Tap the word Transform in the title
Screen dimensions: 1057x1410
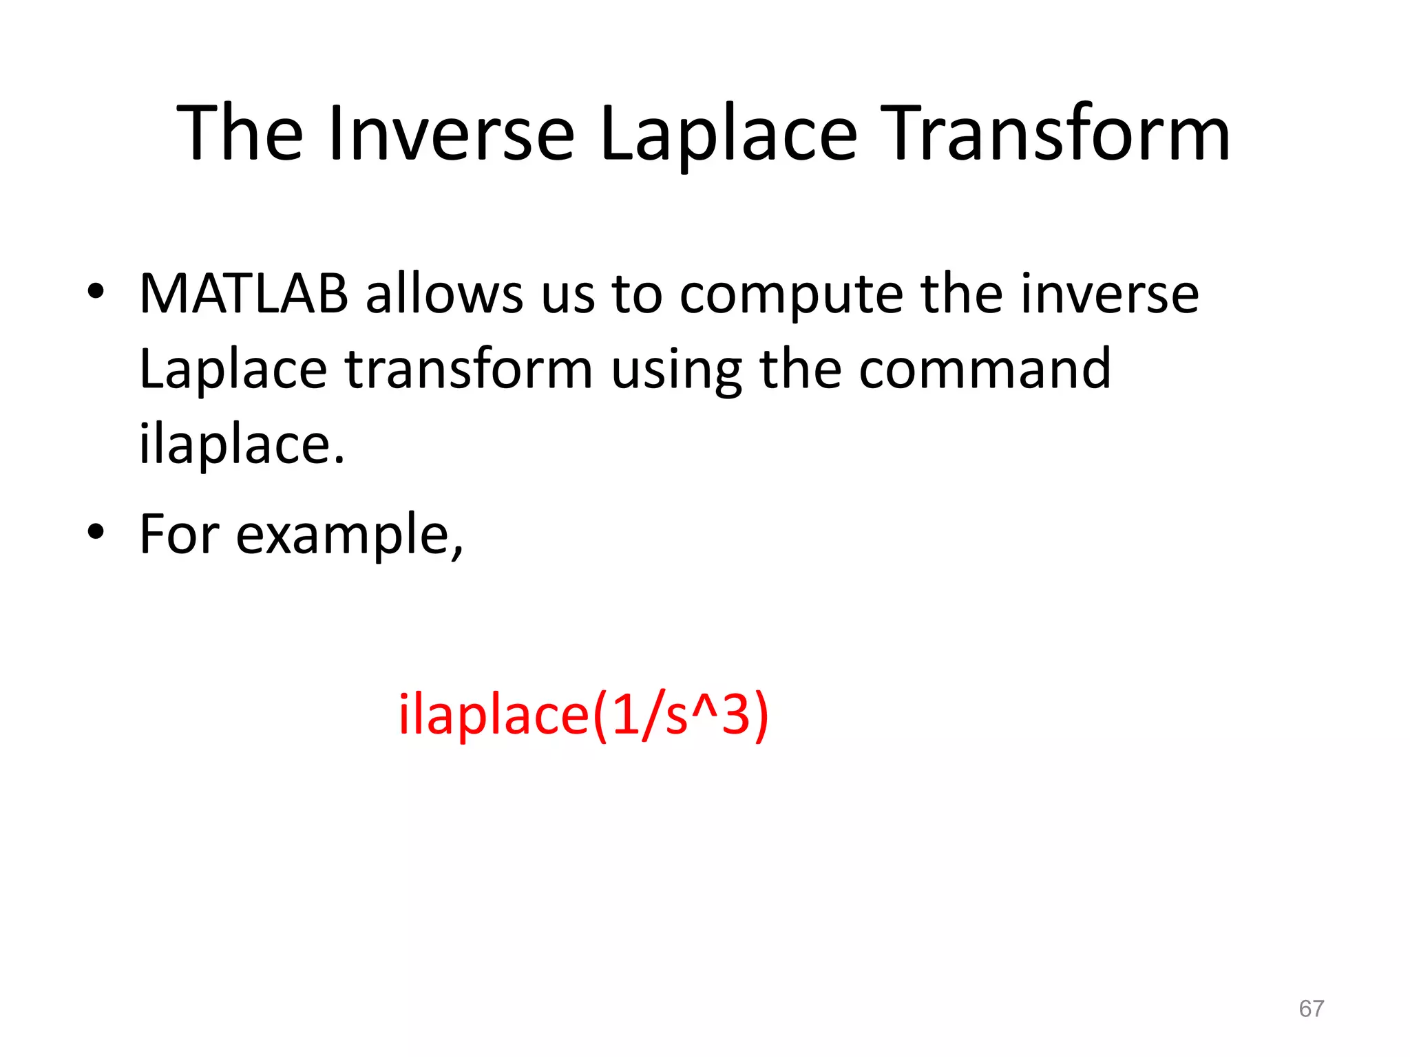pyautogui.click(x=1055, y=133)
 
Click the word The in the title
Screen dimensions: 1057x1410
pyautogui.click(x=240, y=133)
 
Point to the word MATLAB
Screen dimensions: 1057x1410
pyautogui.click(x=244, y=295)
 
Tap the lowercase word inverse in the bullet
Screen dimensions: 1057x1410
pyautogui.click(x=1109, y=295)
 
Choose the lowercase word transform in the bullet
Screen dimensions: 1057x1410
pyautogui.click(x=469, y=370)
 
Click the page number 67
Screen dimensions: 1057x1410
pyautogui.click(x=1311, y=1009)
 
